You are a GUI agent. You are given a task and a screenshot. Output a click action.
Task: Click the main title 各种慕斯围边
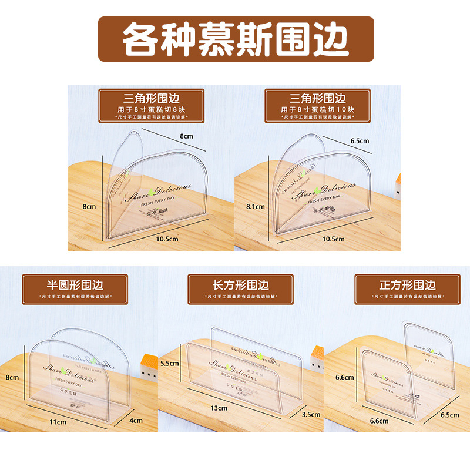[x=236, y=39]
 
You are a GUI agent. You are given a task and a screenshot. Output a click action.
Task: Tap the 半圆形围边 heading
[x=75, y=285]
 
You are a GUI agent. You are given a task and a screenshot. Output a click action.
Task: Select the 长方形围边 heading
[x=240, y=285]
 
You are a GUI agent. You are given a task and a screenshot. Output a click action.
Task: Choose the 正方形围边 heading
[x=407, y=285]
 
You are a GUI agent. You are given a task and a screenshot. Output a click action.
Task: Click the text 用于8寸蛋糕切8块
[x=151, y=109]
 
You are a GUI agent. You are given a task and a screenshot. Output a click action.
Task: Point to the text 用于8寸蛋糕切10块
[x=317, y=109]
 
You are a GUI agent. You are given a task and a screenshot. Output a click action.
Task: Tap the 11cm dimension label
[x=58, y=422]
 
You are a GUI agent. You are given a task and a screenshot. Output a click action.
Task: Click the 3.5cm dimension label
[x=311, y=414]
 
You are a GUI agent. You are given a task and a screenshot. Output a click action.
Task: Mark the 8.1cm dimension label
[x=256, y=207]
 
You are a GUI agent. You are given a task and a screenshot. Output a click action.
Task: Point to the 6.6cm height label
[x=344, y=377]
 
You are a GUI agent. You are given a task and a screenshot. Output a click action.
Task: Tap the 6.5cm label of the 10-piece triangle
[x=360, y=141]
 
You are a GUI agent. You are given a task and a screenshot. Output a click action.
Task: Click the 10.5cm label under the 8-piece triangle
[x=167, y=239]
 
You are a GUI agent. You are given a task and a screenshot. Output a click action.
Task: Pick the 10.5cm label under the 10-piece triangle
[x=333, y=239]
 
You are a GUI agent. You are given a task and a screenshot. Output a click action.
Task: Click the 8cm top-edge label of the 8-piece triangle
[x=186, y=136]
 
